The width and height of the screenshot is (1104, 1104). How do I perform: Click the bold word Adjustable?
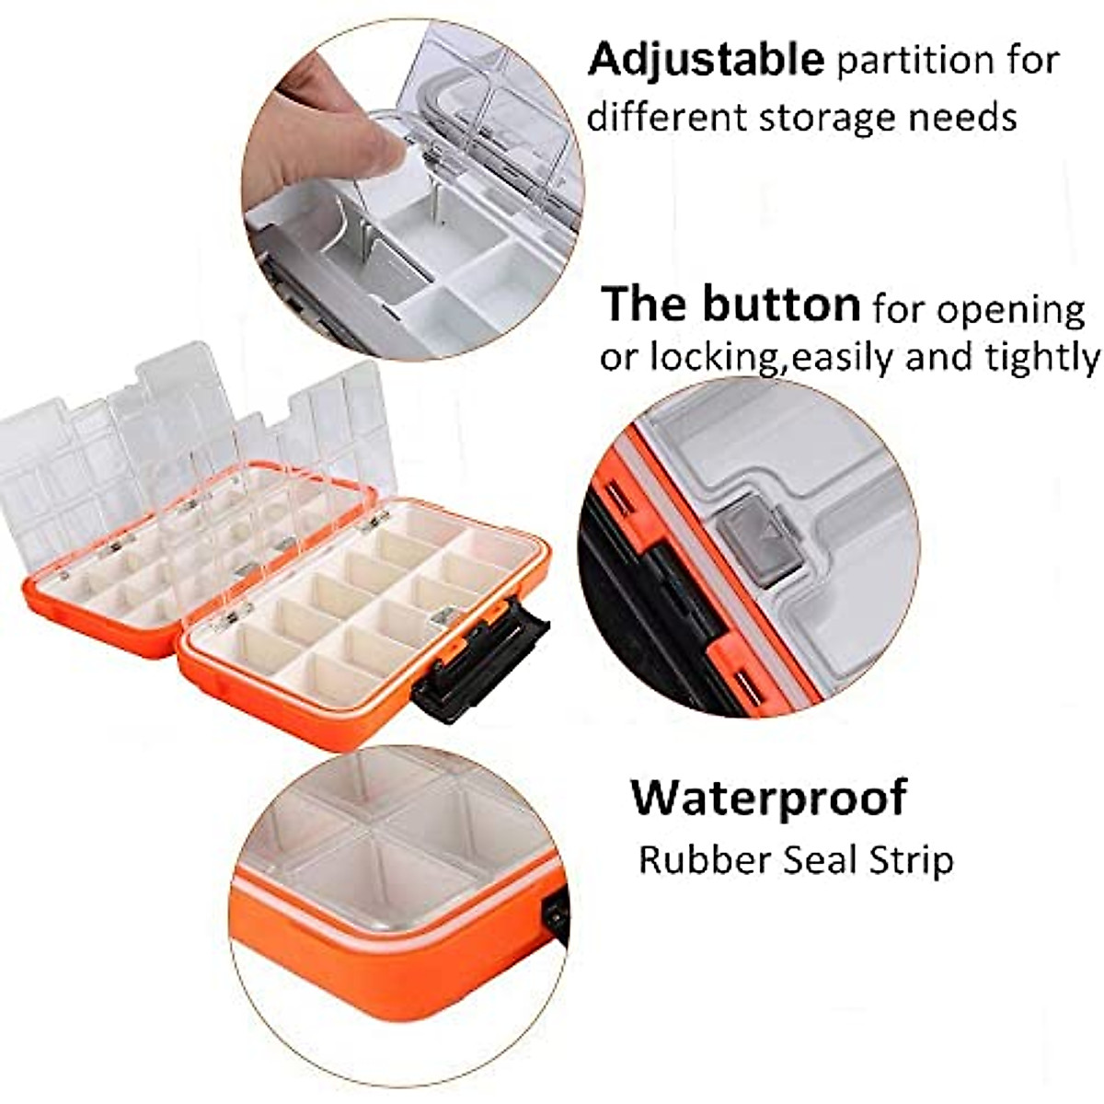(x=706, y=60)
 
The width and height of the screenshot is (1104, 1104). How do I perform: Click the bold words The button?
(x=730, y=304)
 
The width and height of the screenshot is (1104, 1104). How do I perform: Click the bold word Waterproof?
(x=768, y=797)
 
